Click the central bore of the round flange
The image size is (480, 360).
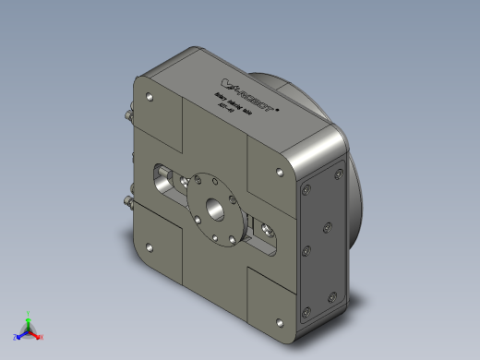point(219,208)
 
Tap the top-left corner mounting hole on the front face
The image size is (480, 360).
point(146,95)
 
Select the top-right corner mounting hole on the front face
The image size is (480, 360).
point(281,172)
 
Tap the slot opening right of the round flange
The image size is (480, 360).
point(261,234)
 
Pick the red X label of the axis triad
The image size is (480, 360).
point(42,337)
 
